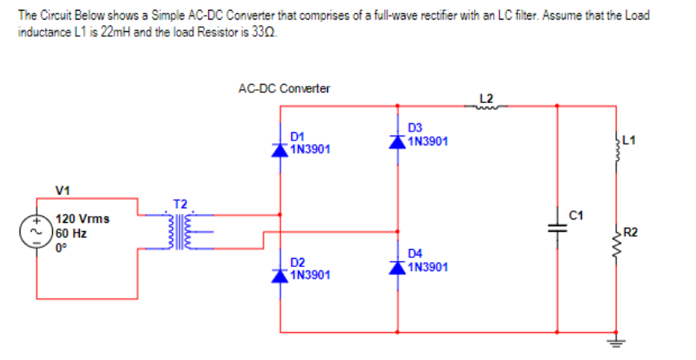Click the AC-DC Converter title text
click(x=284, y=88)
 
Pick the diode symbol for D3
click(x=397, y=141)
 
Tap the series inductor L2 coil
click(x=488, y=104)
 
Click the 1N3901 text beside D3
click(x=428, y=141)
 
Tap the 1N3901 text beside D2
click(x=310, y=275)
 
